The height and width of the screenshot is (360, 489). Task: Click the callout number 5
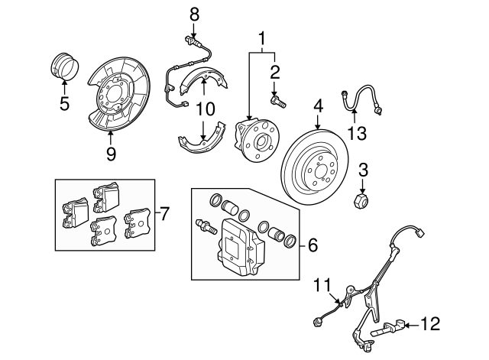(x=64, y=102)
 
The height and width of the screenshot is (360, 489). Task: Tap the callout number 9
(x=111, y=154)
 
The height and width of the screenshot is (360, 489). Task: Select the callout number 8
(x=194, y=13)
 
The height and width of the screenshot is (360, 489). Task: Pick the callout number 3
(x=364, y=170)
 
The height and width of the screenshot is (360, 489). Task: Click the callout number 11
(x=324, y=287)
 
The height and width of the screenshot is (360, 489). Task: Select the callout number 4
(x=317, y=104)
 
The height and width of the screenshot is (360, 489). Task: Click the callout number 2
(x=274, y=73)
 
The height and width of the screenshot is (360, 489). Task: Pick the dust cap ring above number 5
(x=62, y=63)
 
